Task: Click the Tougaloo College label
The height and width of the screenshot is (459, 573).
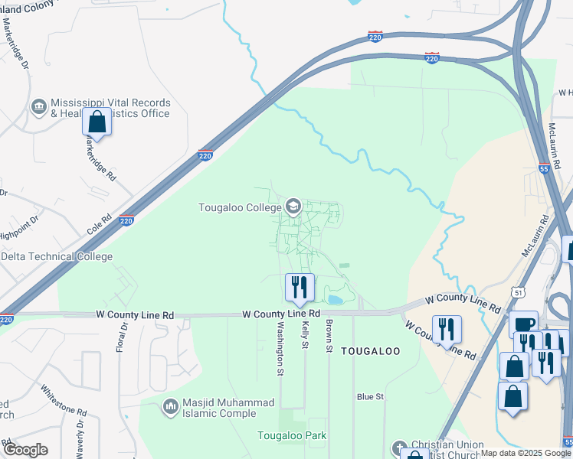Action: [239, 207]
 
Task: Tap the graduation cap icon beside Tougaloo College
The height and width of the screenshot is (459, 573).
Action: [293, 207]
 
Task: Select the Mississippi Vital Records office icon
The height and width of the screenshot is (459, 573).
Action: [38, 106]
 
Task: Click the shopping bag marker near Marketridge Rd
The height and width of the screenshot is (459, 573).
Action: [97, 122]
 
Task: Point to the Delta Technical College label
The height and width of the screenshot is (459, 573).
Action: [57, 257]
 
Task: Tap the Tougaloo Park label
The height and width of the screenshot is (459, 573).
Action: [291, 436]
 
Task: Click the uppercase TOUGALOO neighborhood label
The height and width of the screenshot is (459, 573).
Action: [370, 351]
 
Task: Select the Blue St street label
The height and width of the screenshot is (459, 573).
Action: [370, 397]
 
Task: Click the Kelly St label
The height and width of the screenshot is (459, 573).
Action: [304, 334]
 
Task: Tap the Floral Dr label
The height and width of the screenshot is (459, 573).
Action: [121, 341]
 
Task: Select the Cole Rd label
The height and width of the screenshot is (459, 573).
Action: [100, 223]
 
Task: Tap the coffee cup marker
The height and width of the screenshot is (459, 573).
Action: [525, 325]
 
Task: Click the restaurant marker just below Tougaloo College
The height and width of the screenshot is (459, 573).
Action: [300, 287]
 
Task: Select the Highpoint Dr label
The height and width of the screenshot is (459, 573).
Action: [20, 221]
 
